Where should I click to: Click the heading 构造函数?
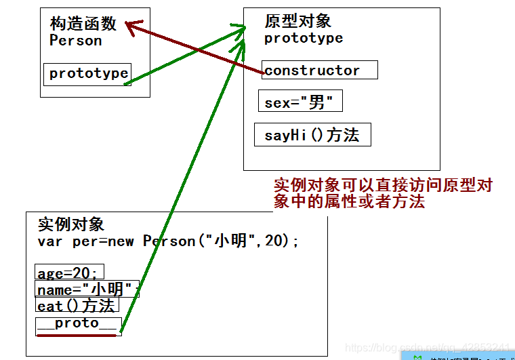83,24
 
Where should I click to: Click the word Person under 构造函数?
76,41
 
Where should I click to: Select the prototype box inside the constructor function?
87,74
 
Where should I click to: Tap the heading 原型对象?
297,22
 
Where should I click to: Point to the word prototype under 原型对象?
304,38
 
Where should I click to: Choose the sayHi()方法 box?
312,135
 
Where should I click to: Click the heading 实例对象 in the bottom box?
71,224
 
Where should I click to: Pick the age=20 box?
68,273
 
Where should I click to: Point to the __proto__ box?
78,323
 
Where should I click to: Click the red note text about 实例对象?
383,193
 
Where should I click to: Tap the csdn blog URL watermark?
427,348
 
